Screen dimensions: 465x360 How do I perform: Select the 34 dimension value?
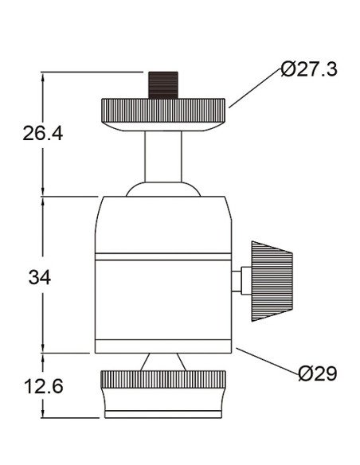click(40, 277)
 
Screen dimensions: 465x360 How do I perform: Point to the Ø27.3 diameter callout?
click(309, 69)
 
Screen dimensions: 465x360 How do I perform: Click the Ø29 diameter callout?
click(317, 373)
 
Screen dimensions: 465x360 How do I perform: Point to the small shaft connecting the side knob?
click(241, 280)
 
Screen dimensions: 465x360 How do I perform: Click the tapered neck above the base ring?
click(164, 362)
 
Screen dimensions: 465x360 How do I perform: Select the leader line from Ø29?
click(267, 361)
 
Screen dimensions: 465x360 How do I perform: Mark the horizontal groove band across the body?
click(163, 257)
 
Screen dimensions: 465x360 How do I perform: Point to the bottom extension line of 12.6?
click(72, 420)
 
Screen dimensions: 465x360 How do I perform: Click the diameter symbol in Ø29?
click(305, 373)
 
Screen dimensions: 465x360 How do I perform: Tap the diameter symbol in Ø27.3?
click(290, 69)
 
